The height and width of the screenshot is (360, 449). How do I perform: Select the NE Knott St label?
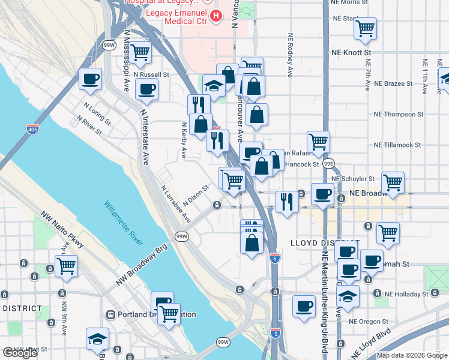351,53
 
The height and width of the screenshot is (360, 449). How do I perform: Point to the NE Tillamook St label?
398,145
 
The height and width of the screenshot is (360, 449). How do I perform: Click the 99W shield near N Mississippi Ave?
109,45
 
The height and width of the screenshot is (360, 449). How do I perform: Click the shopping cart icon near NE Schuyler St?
393,182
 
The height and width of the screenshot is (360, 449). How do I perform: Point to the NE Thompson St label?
398,113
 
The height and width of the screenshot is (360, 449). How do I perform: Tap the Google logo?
20,353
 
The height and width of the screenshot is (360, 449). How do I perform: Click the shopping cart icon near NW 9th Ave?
67,265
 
